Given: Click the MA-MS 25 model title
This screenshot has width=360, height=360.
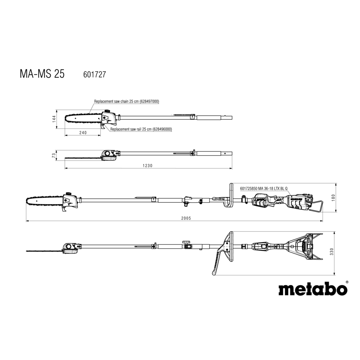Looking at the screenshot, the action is [42, 74].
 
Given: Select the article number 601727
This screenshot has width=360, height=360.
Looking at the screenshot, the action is [95, 75].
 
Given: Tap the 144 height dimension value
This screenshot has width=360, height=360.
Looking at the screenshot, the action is [54, 119].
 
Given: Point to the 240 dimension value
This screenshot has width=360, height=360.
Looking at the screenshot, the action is [83, 133].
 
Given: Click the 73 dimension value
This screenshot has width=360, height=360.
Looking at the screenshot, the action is [54, 156].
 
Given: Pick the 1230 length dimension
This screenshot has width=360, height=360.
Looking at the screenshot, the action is [147, 166].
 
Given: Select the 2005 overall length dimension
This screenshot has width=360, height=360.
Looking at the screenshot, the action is [186, 219].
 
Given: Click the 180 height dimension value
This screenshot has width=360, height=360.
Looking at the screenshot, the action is [334, 198].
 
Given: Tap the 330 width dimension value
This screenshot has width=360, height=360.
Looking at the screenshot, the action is [331, 252].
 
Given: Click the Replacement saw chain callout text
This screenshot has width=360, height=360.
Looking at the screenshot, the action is [126, 101].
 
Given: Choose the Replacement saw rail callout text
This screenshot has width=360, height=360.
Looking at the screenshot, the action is [141, 129].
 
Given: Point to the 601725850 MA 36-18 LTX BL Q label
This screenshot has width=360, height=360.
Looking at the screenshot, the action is [264, 189].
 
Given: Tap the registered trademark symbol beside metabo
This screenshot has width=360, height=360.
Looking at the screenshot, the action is [347, 282].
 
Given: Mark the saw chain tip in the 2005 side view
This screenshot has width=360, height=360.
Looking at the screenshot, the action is [27, 202].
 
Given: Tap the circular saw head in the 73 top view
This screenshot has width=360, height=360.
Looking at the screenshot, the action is [107, 153].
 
